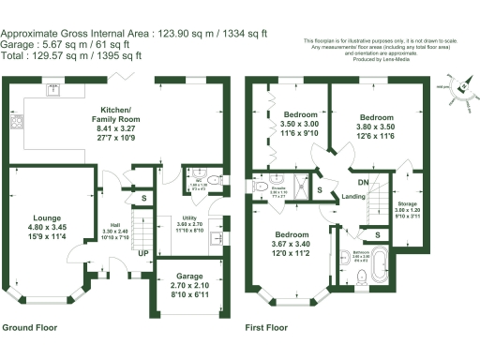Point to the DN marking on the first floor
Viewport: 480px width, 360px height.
pos(362,184)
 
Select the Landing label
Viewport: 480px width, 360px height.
pos(353,197)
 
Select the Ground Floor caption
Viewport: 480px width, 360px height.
pos(30,329)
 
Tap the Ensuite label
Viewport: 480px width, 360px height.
pos(277,186)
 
